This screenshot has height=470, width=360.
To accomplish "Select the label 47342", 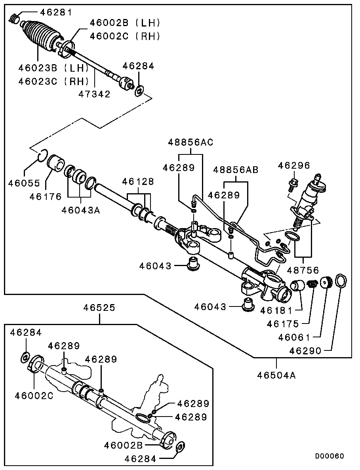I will [x=94, y=94].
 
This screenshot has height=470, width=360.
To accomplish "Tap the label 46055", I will [x=25, y=183].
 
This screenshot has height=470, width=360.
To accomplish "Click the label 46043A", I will [x=80, y=210].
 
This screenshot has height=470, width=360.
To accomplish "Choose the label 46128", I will [x=138, y=182].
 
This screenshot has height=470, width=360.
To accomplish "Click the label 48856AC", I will [x=190, y=142].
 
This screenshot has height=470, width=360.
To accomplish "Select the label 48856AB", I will [x=236, y=170].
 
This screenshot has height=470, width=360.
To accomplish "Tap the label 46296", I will [x=293, y=165].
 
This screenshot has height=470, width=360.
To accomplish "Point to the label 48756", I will [x=303, y=270].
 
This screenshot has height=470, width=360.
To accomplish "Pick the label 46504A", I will [x=276, y=375].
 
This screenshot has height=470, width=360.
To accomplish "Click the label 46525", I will [x=99, y=308].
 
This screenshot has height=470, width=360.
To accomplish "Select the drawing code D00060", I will [x=330, y=456].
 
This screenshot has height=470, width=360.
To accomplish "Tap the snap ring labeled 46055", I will [x=43, y=156].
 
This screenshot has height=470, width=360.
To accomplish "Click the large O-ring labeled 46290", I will [x=341, y=281].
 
